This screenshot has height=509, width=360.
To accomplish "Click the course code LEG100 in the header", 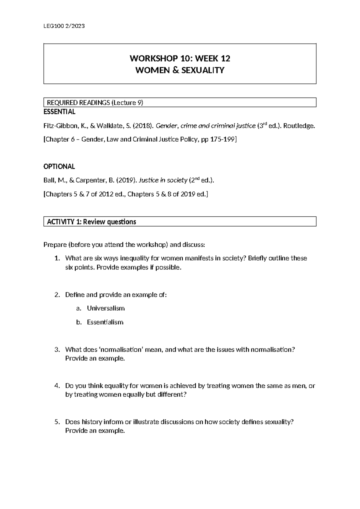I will pos(51,26).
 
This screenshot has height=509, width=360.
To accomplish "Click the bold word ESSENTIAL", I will pos(59,112).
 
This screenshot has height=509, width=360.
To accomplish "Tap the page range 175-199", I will pos(225,140).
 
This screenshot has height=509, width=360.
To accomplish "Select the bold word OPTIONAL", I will pos(59,167).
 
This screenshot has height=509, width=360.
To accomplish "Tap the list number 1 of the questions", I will pos(57,258).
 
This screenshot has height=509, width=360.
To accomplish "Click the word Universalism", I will pos(106,308).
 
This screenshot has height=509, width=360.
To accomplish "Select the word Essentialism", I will pos(105,322).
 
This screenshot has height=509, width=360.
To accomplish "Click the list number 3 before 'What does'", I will pos(57,350).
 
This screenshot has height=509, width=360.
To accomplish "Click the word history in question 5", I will pos(91,422).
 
